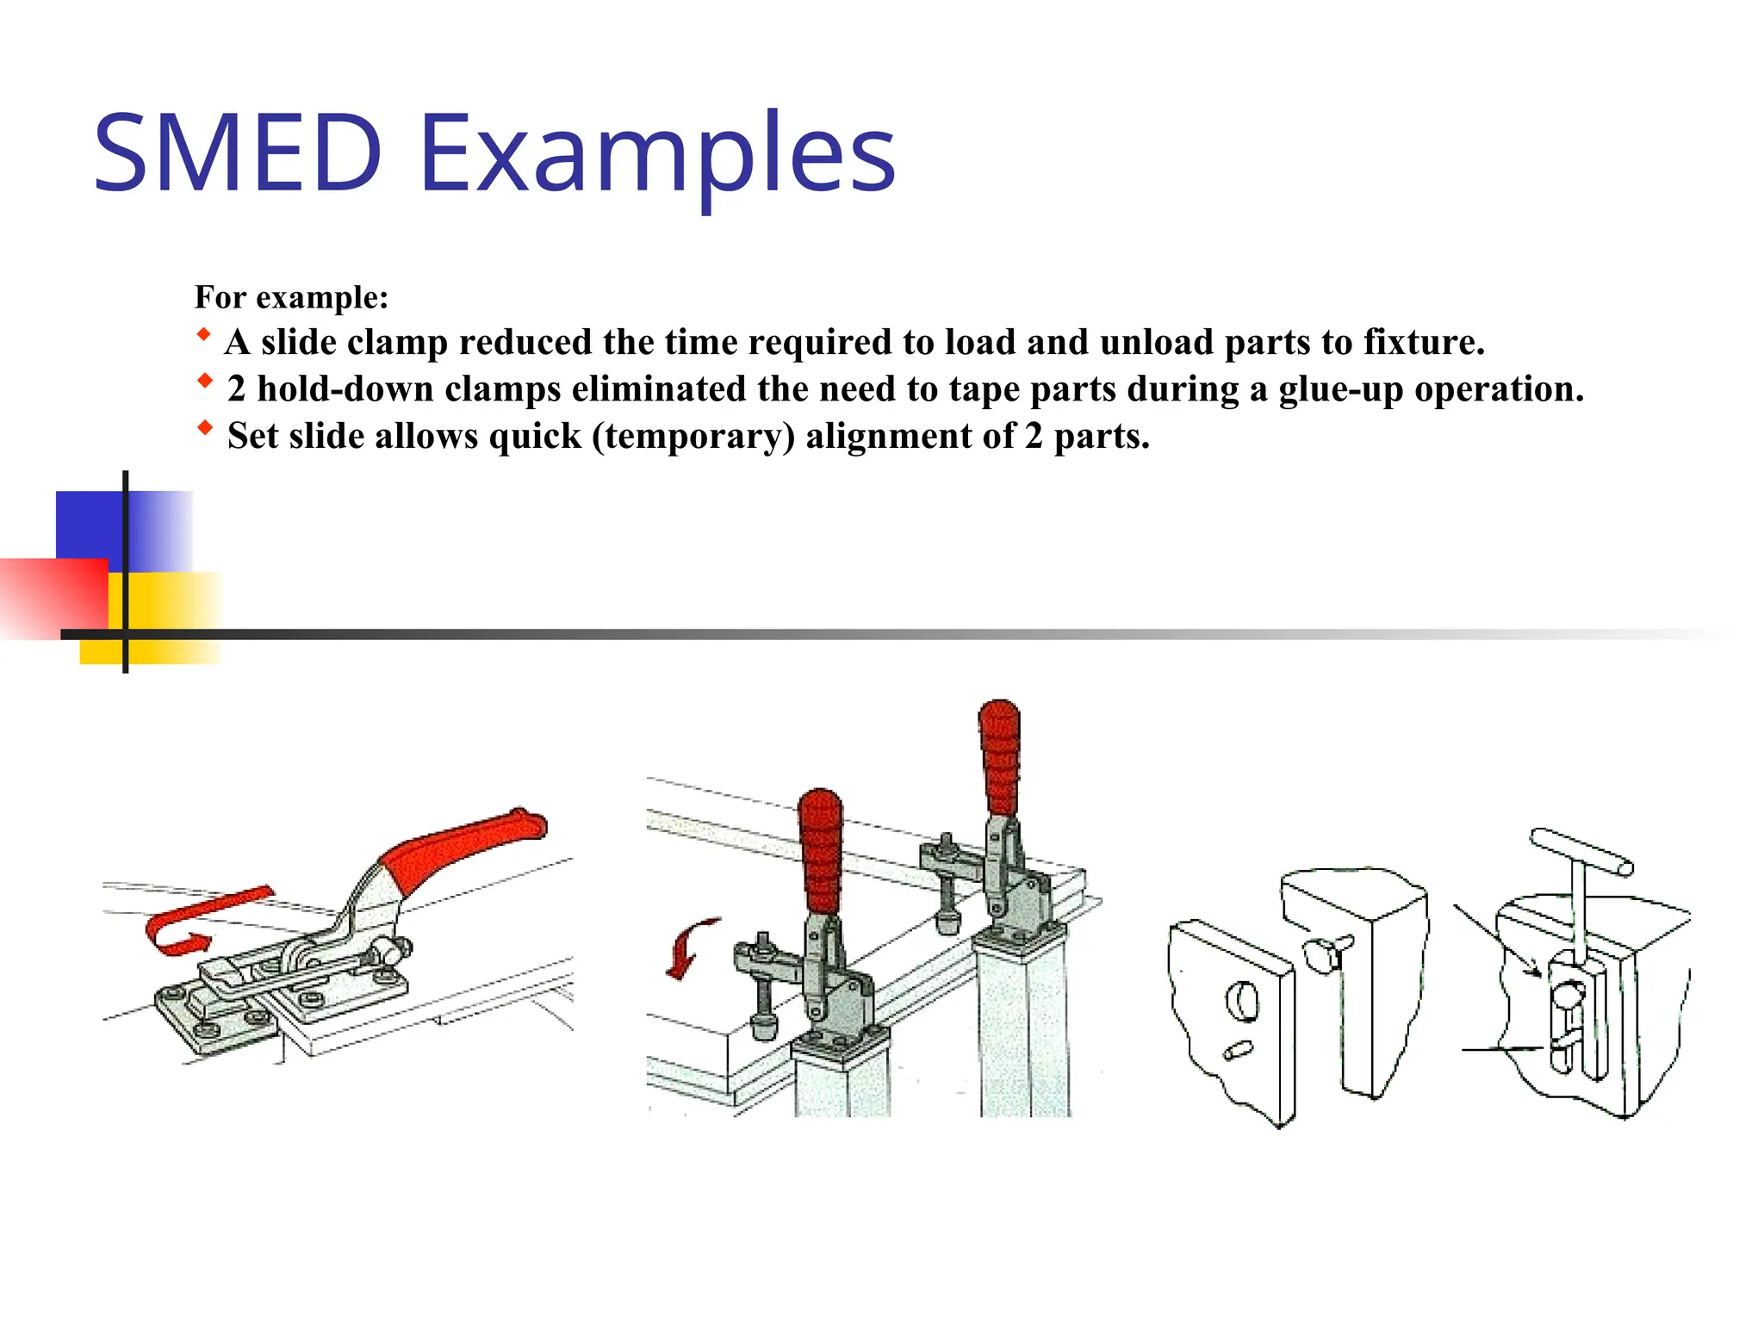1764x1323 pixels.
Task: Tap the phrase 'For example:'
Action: pos(291,297)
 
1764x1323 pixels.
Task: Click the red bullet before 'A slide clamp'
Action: pos(203,334)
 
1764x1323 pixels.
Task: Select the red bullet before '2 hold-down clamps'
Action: pos(204,380)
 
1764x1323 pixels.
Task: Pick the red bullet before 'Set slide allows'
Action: pos(204,427)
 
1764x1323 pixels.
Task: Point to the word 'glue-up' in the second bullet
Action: pos(1340,389)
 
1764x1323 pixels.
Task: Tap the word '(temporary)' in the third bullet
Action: pos(693,436)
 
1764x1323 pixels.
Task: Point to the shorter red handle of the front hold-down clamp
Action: pos(820,848)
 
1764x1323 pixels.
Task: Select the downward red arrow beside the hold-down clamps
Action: pos(689,947)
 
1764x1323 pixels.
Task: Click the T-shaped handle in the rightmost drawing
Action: pos(1581,852)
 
